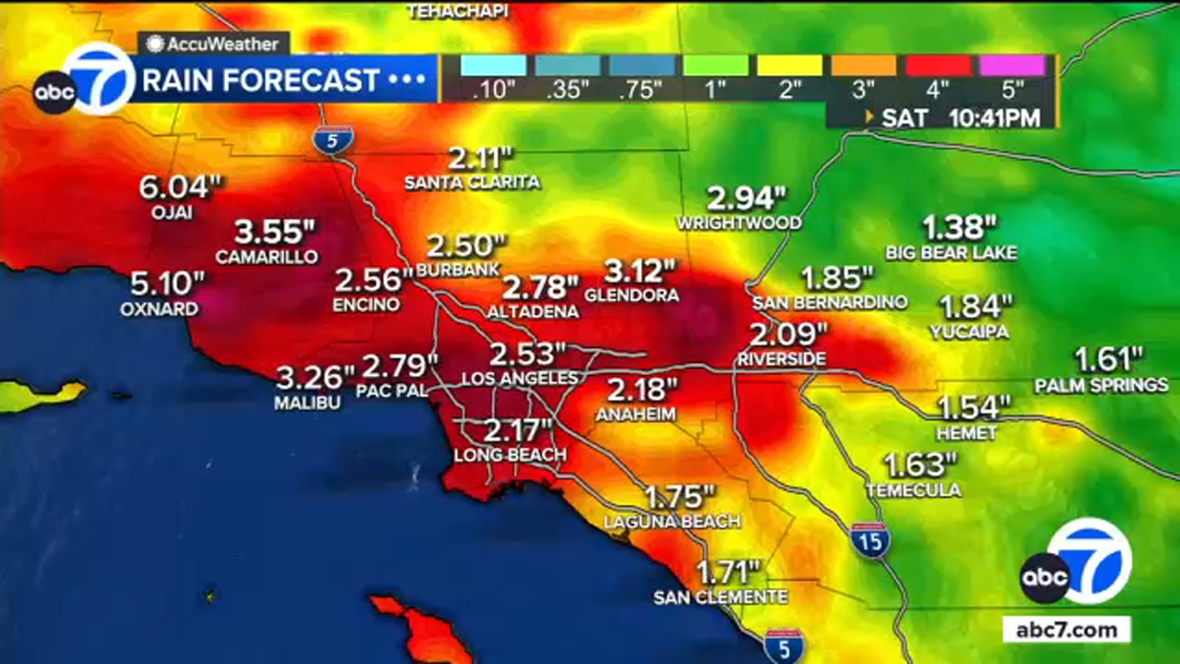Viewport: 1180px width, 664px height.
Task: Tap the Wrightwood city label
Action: point(739,223)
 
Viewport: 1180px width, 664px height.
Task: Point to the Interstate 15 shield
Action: point(870,541)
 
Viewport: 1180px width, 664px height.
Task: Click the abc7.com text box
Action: point(1066,630)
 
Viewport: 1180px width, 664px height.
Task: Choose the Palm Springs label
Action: point(1101,385)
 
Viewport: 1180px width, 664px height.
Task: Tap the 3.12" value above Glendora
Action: point(640,271)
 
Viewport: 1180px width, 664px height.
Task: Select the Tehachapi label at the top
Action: point(458,11)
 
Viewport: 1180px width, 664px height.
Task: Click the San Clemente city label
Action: point(720,597)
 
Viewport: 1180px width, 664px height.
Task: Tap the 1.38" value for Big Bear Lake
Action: point(959,228)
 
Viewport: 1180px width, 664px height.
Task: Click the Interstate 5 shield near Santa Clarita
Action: point(332,141)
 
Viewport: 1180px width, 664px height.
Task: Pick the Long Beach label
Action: point(510,455)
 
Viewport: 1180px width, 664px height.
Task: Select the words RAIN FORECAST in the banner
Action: point(261,81)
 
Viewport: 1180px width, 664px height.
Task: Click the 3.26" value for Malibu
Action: point(315,377)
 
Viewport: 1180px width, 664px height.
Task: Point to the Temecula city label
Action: point(913,490)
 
